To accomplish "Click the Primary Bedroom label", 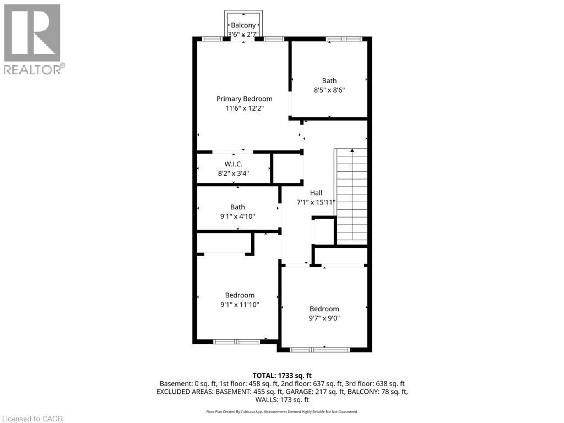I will click(244, 99).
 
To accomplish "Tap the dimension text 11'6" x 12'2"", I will click(244, 109).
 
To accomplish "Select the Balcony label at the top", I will click(243, 25).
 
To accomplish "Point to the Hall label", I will click(316, 193).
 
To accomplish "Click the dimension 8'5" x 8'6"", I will click(329, 90).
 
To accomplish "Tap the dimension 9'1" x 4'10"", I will click(237, 216).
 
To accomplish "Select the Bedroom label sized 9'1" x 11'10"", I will click(240, 295).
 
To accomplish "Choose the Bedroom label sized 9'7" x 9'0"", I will click(324, 309).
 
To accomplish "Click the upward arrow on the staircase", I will click(352, 151).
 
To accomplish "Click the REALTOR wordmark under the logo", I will click(33, 69).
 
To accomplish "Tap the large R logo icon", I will click(32, 32).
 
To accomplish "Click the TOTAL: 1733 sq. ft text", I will click(282, 375).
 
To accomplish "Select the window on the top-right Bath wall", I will click(344, 39).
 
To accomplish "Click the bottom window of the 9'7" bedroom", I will click(320, 349).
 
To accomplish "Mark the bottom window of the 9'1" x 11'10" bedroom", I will click(236, 341).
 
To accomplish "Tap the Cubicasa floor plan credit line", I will click(282, 411).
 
